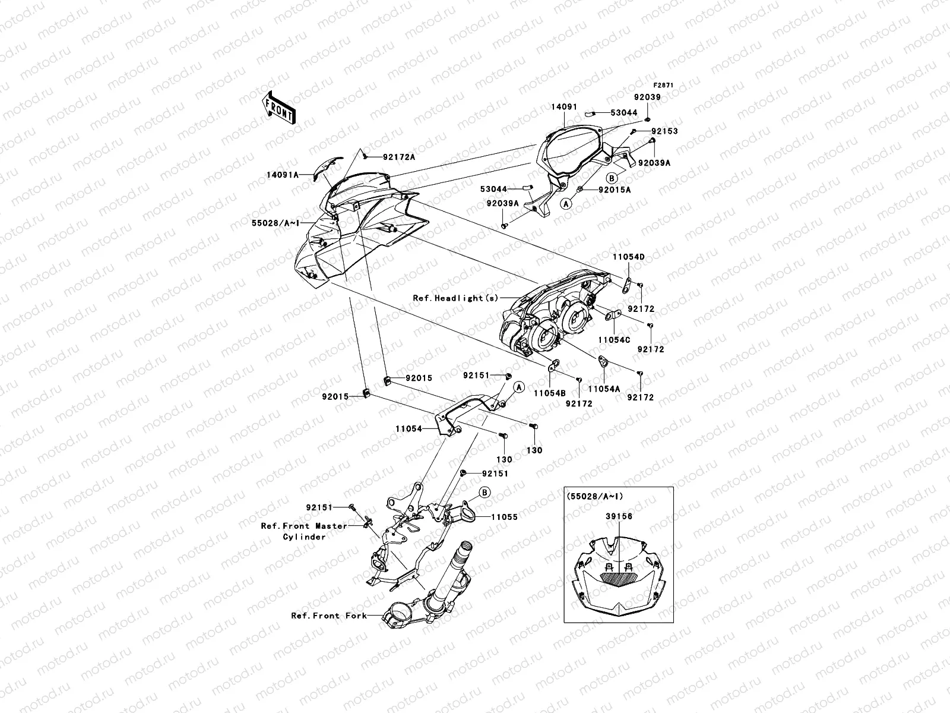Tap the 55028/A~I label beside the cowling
(274, 222)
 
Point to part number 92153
(664, 131)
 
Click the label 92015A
(614, 190)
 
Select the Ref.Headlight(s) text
(455, 298)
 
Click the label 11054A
(604, 389)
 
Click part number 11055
(504, 517)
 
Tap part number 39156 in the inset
(619, 516)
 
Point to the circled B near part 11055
(484, 492)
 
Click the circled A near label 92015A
(566, 203)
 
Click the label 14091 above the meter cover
(563, 107)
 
